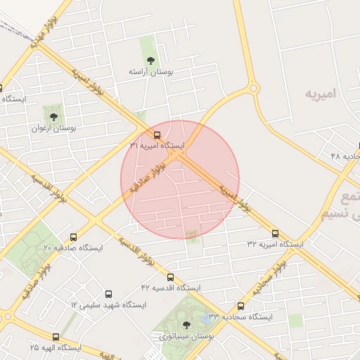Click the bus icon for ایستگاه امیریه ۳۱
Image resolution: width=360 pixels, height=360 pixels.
tap(157, 134)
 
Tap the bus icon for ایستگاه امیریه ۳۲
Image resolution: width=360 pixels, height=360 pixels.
tap(275, 233)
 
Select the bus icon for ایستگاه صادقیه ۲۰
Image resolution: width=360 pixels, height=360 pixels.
tap(74, 237)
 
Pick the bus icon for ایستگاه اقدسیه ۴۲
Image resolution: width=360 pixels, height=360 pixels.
tap(170, 277)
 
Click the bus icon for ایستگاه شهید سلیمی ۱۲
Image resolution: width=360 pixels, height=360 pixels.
tap(108, 294)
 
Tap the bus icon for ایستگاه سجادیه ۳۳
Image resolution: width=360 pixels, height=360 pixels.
tap(240, 306)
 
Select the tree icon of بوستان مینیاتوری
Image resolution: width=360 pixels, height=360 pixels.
tap(186, 324)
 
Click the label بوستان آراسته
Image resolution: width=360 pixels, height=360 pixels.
tap(151, 72)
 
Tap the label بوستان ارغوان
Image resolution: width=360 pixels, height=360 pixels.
tap(53, 129)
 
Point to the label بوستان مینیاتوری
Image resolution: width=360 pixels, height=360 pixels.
tap(186, 337)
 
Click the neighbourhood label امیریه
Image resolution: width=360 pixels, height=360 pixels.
tap(321, 93)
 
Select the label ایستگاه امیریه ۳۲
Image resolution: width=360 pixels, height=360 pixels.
tap(275, 245)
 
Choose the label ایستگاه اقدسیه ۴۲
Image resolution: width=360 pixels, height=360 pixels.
tap(170, 289)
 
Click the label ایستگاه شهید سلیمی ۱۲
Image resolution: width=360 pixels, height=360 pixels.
tap(108, 306)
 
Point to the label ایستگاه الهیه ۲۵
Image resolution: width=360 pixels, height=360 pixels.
tap(56, 348)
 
